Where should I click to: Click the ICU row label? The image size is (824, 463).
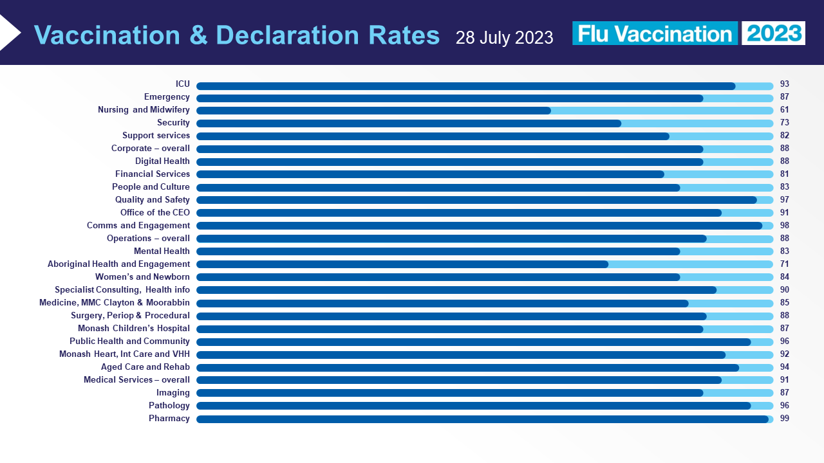(182, 84)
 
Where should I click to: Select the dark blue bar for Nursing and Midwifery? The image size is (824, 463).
(373, 111)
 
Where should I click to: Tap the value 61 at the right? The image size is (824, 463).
(784, 110)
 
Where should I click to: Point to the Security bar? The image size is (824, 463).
(409, 123)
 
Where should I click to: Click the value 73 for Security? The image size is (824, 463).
(784, 123)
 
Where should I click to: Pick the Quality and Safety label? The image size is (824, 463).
(153, 200)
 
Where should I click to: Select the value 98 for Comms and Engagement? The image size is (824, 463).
(784, 226)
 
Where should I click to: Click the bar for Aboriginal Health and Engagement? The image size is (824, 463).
(402, 264)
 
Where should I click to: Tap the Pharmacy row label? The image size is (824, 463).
(169, 419)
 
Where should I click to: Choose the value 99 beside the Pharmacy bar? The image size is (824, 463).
(784, 419)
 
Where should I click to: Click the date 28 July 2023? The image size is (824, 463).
(504, 37)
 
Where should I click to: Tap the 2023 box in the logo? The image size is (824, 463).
(773, 33)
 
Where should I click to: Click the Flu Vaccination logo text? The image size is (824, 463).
(655, 33)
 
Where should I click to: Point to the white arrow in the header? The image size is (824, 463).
(9, 32)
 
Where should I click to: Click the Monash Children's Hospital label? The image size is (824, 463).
(134, 329)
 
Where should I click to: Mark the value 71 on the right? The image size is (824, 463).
(784, 264)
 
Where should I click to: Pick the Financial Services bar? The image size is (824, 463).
(430, 174)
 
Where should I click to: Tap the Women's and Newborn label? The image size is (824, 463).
(142, 277)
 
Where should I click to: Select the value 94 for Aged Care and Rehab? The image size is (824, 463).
(784, 367)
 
